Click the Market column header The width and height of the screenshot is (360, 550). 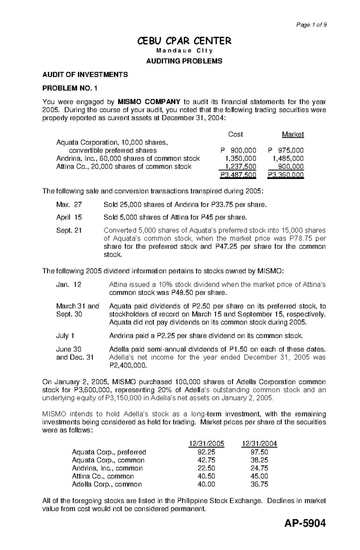pyautogui.click(x=293, y=135)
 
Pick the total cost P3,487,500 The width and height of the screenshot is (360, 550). pyautogui.click(x=238, y=175)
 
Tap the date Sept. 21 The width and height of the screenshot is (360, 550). pyautogui.click(x=69, y=230)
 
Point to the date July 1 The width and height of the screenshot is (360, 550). pyautogui.click(x=65, y=336)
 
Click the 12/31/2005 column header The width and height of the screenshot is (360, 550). pyautogui.click(x=206, y=444)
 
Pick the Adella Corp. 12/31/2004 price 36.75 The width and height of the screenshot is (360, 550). pyautogui.click(x=259, y=484)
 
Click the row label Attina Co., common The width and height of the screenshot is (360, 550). pyautogui.click(x=103, y=476)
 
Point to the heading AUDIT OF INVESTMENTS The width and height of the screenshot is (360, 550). pyautogui.click(x=85, y=75)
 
